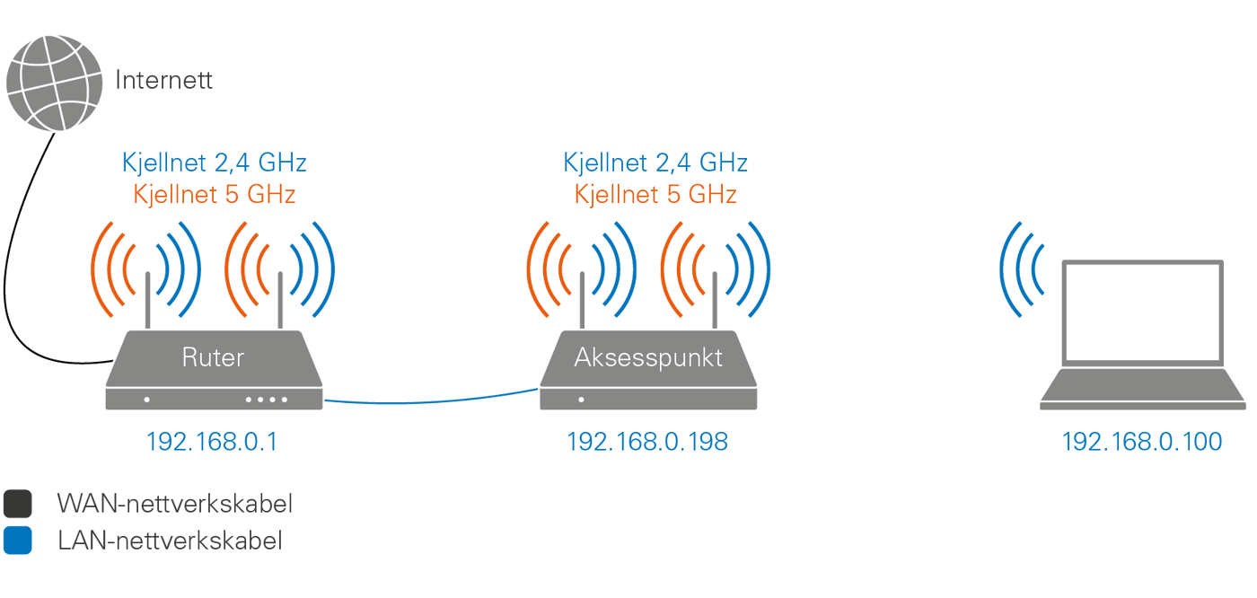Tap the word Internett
(164, 80)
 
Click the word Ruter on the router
(213, 357)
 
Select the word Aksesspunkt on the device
(648, 357)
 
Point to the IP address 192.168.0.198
(646, 442)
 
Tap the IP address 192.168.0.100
(1141, 442)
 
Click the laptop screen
(1142, 312)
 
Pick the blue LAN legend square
(17, 541)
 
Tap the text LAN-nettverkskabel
(170, 541)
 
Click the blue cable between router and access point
(431, 400)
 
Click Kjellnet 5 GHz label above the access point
(655, 194)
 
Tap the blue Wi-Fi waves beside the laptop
(1024, 268)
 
